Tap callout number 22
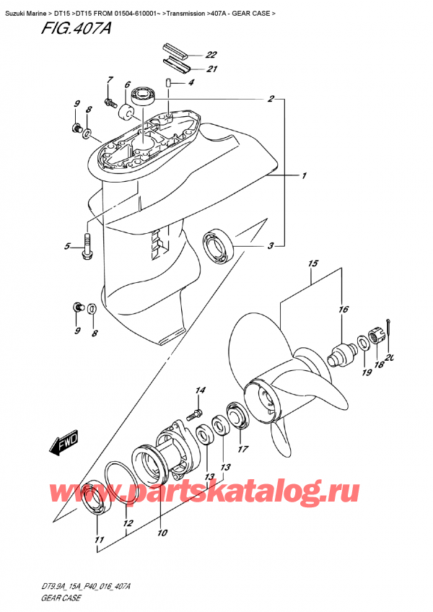pyautogui.click(x=211, y=55)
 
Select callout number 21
pyautogui.click(x=211, y=69)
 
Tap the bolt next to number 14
pyautogui.click(x=193, y=415)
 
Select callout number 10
pyautogui.click(x=162, y=533)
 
